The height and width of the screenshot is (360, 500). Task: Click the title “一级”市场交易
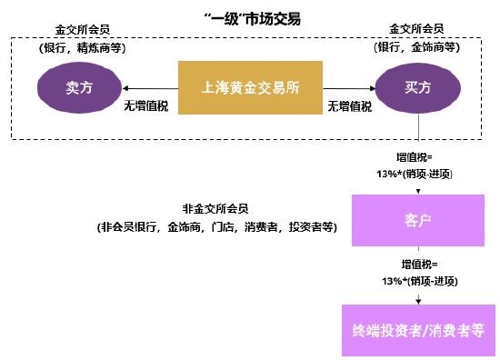pos(250,18)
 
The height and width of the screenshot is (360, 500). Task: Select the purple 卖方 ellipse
pos(78,87)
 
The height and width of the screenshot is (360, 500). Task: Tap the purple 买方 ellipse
pos(417,87)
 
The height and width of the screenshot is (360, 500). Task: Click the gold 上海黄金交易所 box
pos(250,87)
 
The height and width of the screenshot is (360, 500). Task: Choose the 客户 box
pos(417,220)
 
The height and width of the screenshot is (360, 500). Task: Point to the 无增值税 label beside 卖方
pos(145,105)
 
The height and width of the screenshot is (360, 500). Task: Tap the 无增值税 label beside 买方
pos(350,105)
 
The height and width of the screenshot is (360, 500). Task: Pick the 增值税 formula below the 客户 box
pos(417,272)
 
